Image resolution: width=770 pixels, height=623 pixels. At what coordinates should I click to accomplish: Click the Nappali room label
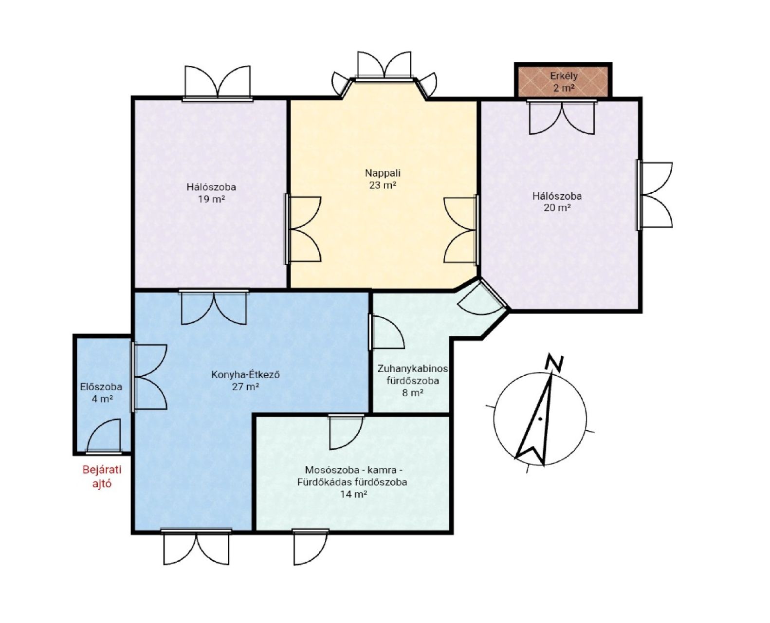tap(383, 173)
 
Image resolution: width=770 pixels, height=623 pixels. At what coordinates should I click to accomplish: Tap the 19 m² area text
tap(211, 199)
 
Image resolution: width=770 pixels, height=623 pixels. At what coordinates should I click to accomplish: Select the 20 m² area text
tap(557, 208)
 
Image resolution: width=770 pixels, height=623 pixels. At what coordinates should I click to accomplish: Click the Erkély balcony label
tap(564, 76)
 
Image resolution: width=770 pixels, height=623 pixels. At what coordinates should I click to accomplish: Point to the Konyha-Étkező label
tap(245, 374)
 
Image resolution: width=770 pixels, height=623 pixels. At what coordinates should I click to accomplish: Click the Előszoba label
tap(101, 386)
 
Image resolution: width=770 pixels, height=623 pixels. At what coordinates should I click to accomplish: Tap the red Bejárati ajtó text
tap(102, 476)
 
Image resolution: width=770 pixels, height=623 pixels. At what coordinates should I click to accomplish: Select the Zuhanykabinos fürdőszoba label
tap(413, 374)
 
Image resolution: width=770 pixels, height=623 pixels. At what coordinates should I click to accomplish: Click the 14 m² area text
tap(353, 494)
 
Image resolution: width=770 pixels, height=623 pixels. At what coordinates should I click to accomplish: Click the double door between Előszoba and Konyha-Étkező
tap(149, 377)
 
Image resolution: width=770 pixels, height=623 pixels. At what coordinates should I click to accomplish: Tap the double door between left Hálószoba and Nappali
tap(303, 229)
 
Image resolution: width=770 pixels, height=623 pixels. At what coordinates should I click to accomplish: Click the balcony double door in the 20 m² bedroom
tap(562, 117)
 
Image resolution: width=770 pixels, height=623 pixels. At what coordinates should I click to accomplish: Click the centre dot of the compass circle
tap(540, 419)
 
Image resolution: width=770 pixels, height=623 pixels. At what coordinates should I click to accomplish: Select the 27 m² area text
tap(245, 386)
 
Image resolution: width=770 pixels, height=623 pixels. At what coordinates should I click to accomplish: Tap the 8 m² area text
tap(413, 392)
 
